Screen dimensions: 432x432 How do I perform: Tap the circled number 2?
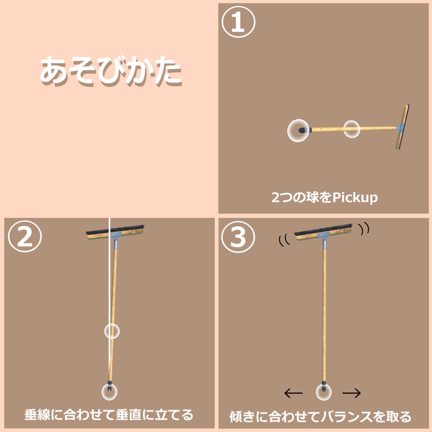[x=24, y=237]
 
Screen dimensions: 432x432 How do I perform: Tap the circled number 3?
[x=239, y=237]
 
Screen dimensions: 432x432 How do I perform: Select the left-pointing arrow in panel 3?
[x=294, y=394]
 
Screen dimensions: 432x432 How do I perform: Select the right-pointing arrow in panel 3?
[x=351, y=394]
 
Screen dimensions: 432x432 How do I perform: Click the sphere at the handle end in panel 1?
[x=298, y=131]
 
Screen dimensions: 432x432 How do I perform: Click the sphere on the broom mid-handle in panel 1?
[x=351, y=129]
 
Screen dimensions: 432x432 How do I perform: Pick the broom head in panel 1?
[x=402, y=127]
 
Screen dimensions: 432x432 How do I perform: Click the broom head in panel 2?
[x=115, y=232]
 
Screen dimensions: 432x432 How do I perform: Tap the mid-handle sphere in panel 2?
[x=112, y=331]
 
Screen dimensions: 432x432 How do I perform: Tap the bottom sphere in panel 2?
[x=109, y=392]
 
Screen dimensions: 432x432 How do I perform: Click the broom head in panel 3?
[x=323, y=232]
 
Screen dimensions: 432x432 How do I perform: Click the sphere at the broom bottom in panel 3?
[x=324, y=392]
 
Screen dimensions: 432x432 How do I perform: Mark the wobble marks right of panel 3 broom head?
[x=364, y=228]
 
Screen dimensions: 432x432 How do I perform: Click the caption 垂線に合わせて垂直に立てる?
[x=108, y=415]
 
